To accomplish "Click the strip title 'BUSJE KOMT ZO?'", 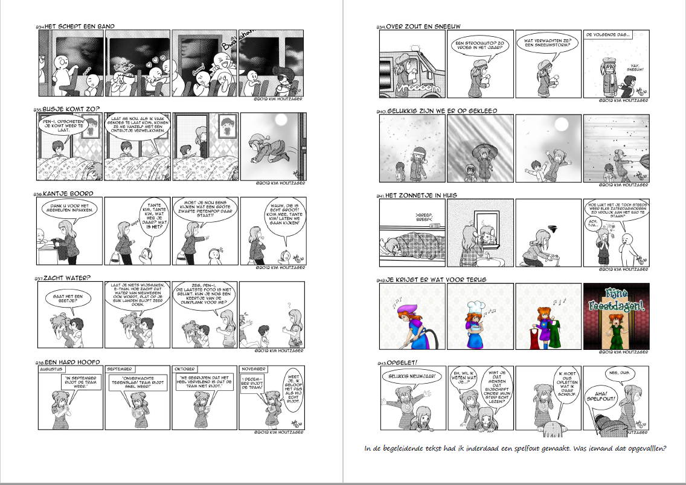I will point(71,110).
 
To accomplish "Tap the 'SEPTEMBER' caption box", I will point(120,369).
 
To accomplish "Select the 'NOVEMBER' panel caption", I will point(254,369).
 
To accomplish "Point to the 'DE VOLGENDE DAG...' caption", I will point(608,36).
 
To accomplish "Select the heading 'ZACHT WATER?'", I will point(66,278).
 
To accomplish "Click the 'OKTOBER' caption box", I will point(185,369).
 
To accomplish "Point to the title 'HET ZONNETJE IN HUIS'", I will point(421,195).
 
